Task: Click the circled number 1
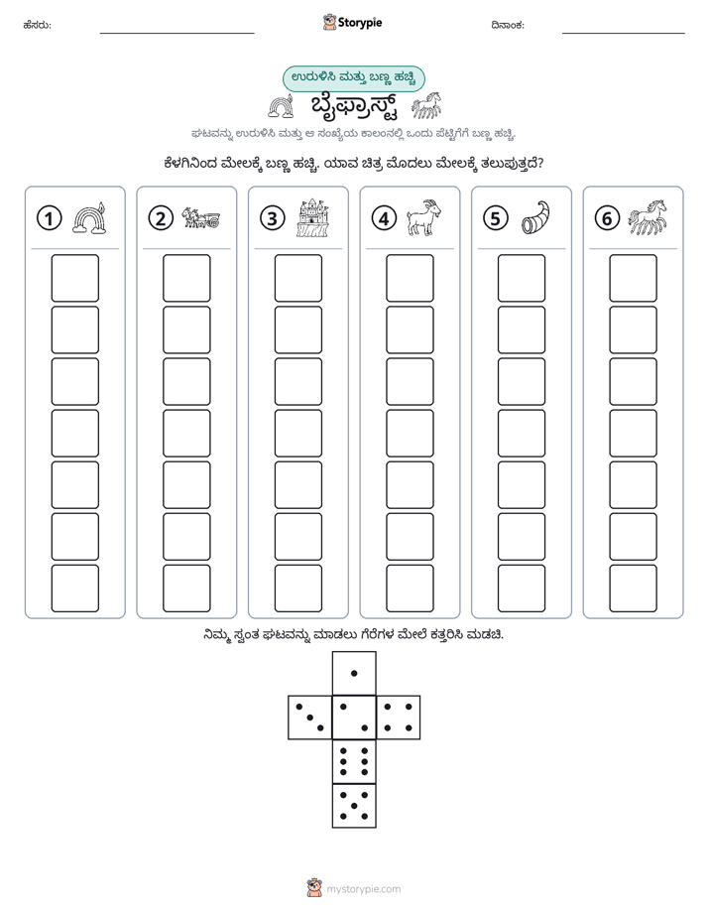[49, 218]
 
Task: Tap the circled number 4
[384, 218]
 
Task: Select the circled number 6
[607, 218]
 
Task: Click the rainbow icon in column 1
[89, 218]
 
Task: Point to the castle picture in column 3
[313, 217]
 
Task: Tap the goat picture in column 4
[424, 217]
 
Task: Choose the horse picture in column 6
[648, 217]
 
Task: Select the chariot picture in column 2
[201, 217]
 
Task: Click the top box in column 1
[74, 278]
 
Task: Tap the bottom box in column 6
[634, 589]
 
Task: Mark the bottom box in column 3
[298, 589]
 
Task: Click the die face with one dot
[354, 673]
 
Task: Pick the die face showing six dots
[354, 761]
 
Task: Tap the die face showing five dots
[354, 806]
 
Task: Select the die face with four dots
[399, 718]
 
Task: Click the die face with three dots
[310, 718]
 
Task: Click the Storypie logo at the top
[352, 23]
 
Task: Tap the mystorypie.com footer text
[363, 889]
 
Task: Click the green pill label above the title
[353, 78]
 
